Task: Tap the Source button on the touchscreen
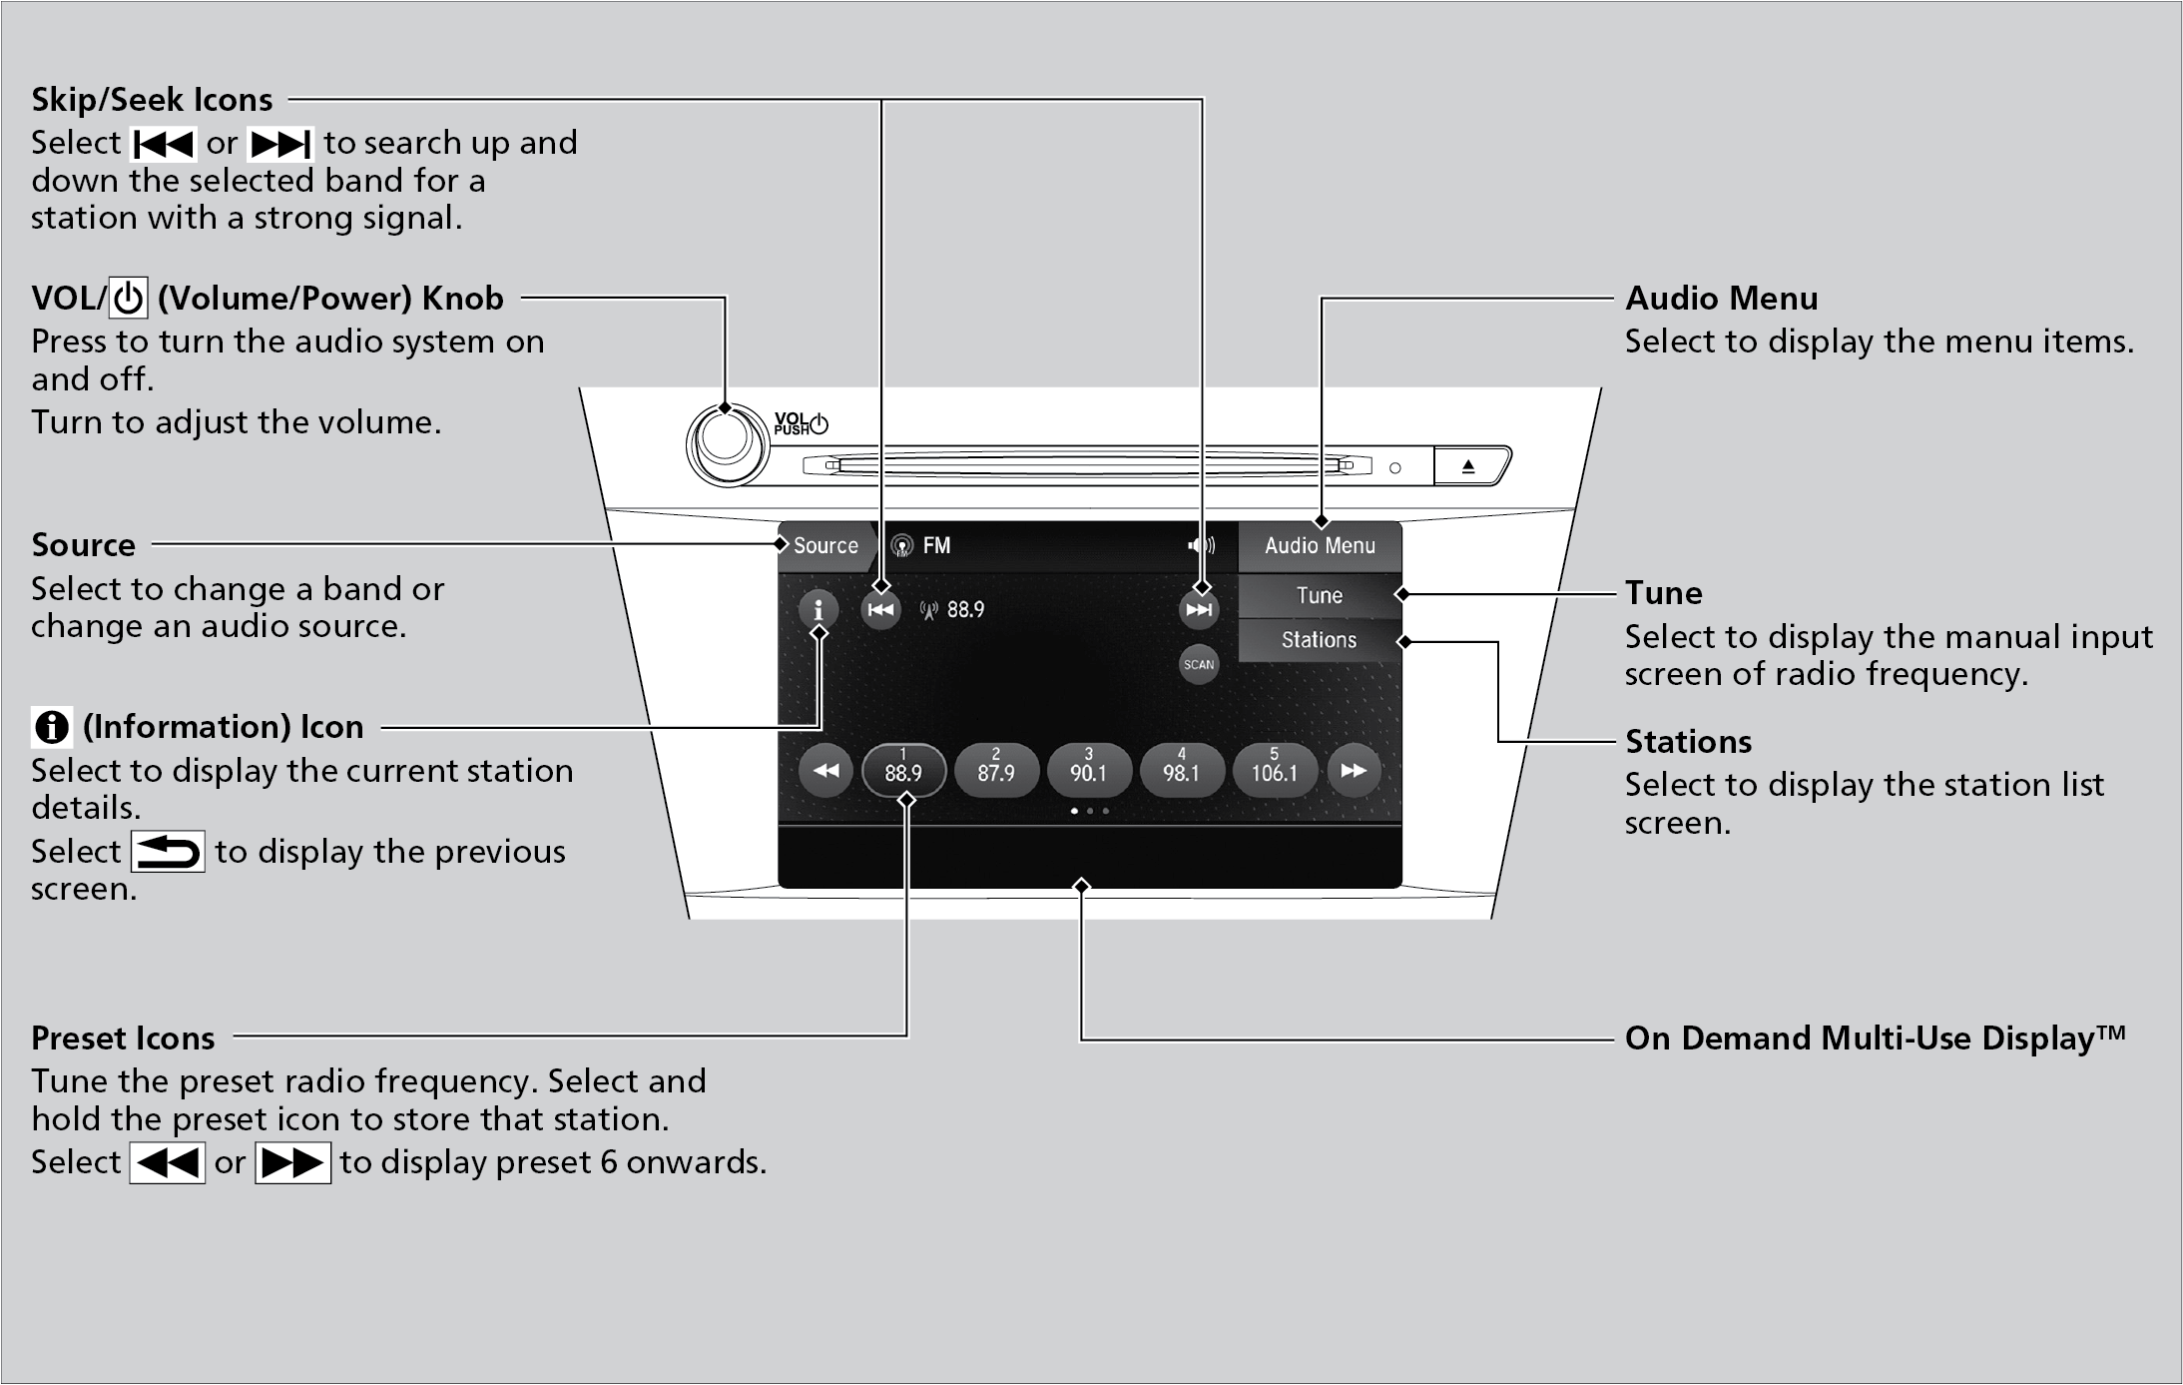click(x=824, y=546)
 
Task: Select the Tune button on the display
click(x=1319, y=596)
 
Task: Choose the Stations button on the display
click(x=1319, y=640)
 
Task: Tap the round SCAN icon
click(x=1199, y=665)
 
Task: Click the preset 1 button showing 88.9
click(x=903, y=771)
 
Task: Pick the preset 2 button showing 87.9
click(x=996, y=771)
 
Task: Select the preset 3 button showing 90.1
click(x=1088, y=771)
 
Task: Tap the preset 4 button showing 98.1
click(x=1181, y=771)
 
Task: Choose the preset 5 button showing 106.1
click(x=1274, y=771)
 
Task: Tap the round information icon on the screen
click(x=819, y=609)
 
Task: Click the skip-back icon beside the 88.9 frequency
click(x=880, y=610)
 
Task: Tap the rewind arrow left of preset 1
click(x=825, y=771)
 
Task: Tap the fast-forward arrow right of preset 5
click(x=1354, y=771)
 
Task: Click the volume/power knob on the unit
click(x=726, y=445)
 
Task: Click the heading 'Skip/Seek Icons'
click(x=152, y=100)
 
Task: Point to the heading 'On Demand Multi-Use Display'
click(x=1875, y=1039)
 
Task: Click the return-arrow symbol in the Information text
click(x=168, y=852)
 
